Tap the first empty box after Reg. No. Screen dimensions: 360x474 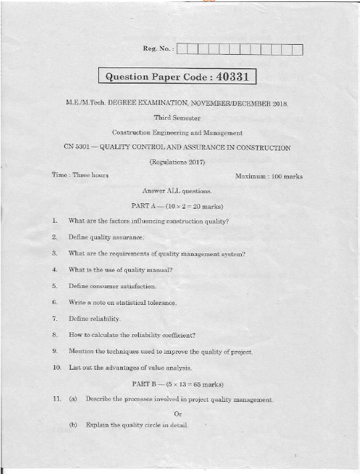(x=183, y=49)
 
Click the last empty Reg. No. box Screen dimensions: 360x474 (x=297, y=49)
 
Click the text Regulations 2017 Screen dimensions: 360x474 (x=177, y=162)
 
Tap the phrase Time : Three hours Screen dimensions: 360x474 (x=80, y=175)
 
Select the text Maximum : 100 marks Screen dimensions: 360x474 (x=268, y=176)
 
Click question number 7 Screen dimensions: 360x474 (x=53, y=319)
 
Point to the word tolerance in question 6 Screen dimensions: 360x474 (x=158, y=303)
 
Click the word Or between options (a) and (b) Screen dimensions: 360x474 (x=178, y=412)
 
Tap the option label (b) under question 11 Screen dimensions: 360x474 (x=73, y=425)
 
